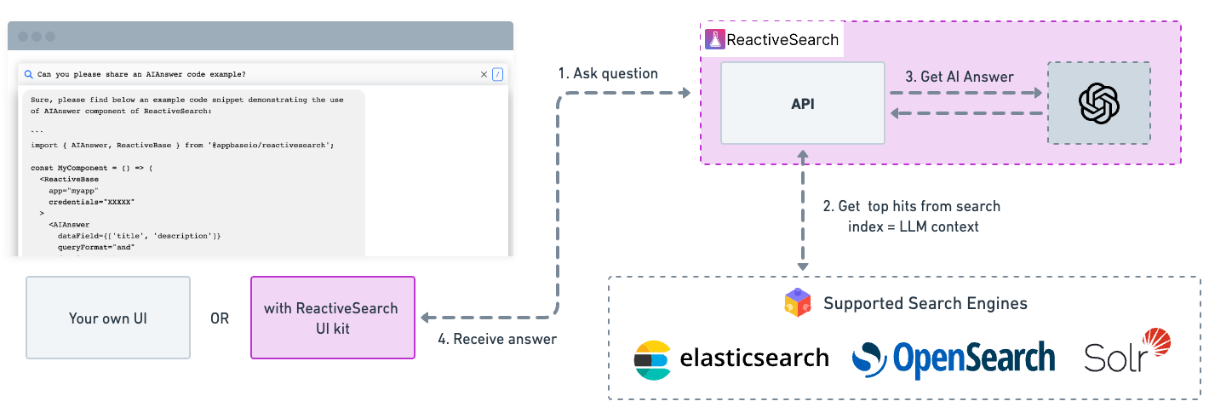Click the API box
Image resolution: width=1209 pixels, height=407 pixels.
[x=802, y=104]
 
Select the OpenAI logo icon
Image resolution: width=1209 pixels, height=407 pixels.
[x=1098, y=103]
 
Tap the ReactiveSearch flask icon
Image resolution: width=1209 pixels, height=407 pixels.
[x=713, y=39]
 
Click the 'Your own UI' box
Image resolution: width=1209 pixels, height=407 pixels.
[x=108, y=318]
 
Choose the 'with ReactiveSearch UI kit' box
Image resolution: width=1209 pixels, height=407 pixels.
[x=332, y=318]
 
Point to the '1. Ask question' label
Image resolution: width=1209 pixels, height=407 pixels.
[x=608, y=74]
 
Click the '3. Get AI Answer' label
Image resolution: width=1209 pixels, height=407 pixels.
[x=959, y=77]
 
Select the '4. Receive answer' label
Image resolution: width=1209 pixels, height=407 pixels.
[x=497, y=339]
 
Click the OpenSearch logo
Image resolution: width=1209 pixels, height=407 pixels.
[x=953, y=358]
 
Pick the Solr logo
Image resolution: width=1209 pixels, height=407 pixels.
[x=1127, y=352]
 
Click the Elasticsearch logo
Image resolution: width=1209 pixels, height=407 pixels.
[x=652, y=360]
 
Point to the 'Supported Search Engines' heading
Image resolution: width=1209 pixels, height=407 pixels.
[x=925, y=304]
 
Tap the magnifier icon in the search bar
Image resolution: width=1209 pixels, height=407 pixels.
[x=28, y=75]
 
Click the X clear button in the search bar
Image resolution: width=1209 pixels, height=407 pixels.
[x=484, y=75]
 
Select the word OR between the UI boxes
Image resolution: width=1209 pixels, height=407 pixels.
[x=220, y=318]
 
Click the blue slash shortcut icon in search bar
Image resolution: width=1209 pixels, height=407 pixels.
[x=498, y=75]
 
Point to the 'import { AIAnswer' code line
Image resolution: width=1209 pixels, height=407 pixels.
[x=182, y=146]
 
